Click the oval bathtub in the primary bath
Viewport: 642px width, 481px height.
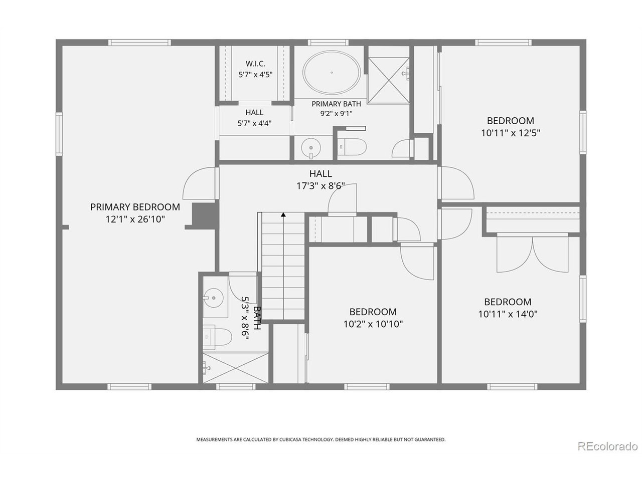coord(331,73)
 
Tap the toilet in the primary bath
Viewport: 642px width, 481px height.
coord(352,147)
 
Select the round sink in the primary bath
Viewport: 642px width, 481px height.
coord(310,148)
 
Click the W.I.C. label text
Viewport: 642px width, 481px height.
coord(255,63)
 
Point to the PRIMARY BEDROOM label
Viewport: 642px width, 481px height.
coord(135,207)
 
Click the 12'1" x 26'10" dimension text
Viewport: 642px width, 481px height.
coord(135,219)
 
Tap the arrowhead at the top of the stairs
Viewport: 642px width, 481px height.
coord(283,214)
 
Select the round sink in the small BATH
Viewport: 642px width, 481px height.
coord(213,298)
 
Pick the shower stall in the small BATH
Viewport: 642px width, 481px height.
coord(235,368)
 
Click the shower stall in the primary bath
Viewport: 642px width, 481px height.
coord(388,80)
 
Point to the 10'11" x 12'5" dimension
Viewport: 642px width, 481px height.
coord(510,133)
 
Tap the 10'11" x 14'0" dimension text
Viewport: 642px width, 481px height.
coord(508,314)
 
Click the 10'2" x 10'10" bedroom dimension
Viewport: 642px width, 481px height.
coord(373,324)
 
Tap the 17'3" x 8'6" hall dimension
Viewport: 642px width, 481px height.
coord(320,186)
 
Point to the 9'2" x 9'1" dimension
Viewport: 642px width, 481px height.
coord(336,114)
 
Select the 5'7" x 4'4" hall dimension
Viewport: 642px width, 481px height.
coord(254,124)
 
